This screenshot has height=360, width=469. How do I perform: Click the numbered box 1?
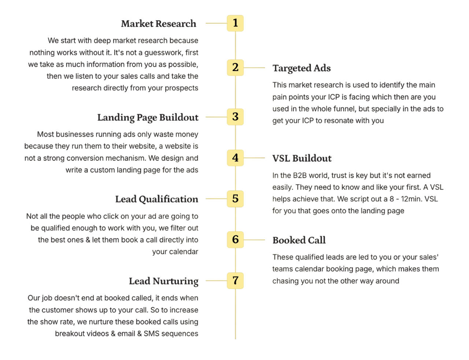(235, 23)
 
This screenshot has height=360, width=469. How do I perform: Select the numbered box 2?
(235, 67)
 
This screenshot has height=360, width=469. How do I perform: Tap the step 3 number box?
(235, 117)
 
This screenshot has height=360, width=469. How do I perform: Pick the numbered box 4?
(235, 158)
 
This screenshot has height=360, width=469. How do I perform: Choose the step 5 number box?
(235, 199)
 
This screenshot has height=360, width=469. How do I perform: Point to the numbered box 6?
(235, 240)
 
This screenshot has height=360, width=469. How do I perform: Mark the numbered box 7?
(235, 281)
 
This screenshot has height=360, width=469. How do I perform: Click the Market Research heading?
(159, 24)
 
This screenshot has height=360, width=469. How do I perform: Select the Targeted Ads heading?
(302, 68)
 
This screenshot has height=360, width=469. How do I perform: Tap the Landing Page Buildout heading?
(148, 118)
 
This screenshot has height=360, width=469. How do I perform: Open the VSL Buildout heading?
(302, 158)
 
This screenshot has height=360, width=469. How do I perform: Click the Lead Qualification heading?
(157, 199)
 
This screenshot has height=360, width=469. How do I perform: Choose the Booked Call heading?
(299, 240)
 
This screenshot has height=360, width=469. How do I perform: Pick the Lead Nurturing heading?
(164, 281)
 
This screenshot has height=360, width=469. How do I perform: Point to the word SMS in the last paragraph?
(151, 334)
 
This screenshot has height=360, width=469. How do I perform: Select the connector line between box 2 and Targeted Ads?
(255, 68)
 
